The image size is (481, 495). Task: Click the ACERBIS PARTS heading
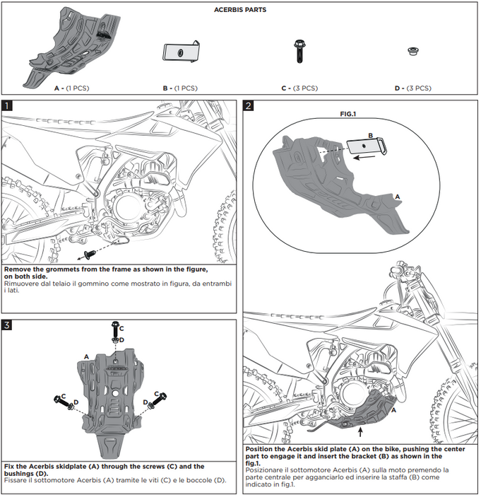[240, 11]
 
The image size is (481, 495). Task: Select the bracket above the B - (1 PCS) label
[182, 52]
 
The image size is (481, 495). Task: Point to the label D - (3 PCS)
[412, 88]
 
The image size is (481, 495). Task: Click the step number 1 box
[7, 105]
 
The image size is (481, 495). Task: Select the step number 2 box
[249, 105]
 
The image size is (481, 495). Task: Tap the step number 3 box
[7, 325]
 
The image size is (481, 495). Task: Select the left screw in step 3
[59, 402]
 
